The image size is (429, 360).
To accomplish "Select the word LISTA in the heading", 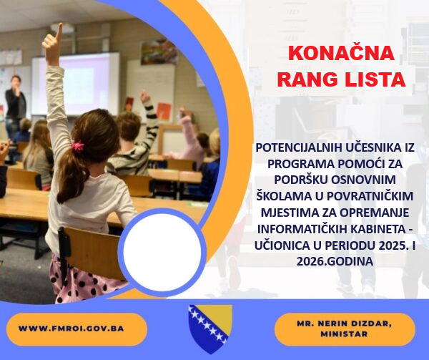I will pyautogui.click(x=375, y=78).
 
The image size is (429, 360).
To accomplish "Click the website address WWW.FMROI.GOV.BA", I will pyautogui.click(x=71, y=329).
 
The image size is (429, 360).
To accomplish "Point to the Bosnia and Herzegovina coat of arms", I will pyautogui.click(x=209, y=327).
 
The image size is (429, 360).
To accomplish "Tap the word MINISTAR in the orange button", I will pyautogui.click(x=344, y=334).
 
